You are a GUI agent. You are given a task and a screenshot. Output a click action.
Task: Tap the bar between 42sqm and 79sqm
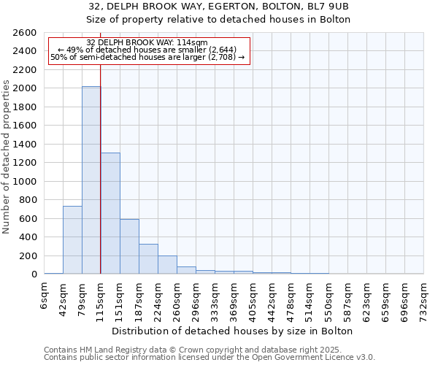pyautogui.click(x=72, y=240)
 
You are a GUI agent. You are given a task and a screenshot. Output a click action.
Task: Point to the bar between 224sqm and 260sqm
pyautogui.click(x=167, y=265)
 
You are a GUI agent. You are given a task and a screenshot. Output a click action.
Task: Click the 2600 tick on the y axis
pyautogui.click(x=27, y=33)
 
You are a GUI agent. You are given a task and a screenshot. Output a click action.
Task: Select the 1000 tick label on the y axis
pyautogui.click(x=27, y=182)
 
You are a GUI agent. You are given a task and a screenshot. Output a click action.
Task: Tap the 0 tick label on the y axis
pyautogui.click(x=34, y=274)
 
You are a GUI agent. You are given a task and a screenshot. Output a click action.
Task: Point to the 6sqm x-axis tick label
pyautogui.click(x=45, y=296)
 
